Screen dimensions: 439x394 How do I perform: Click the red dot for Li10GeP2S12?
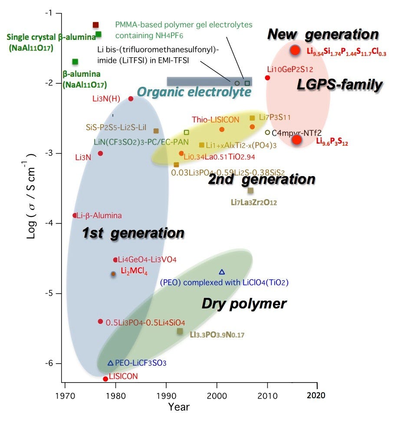click(267, 78)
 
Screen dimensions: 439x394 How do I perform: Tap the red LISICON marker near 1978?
click(105, 379)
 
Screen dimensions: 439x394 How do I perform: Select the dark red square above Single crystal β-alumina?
click(96, 25)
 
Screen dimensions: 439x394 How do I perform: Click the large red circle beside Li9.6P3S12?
click(296, 139)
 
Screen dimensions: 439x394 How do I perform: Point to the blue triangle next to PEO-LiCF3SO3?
click(110, 363)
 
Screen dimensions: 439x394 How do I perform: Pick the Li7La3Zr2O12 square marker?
click(250, 190)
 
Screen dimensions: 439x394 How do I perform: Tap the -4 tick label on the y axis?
click(51, 223)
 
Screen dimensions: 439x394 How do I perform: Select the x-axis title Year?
click(179, 406)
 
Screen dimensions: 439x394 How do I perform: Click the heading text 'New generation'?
click(323, 34)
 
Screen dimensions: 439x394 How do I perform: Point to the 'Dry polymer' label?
click(244, 304)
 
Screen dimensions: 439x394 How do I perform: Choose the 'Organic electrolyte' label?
click(194, 92)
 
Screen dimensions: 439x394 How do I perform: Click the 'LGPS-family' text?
click(339, 85)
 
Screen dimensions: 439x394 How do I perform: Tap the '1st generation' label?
click(133, 233)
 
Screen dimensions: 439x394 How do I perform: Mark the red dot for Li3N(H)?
click(131, 99)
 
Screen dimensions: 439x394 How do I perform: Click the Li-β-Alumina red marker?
click(75, 215)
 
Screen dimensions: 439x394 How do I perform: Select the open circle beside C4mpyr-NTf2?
click(267, 132)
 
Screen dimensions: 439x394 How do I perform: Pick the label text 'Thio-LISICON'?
click(216, 120)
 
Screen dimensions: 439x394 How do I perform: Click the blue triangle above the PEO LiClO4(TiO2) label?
click(222, 272)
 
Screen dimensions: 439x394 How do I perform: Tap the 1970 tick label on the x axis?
click(65, 395)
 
